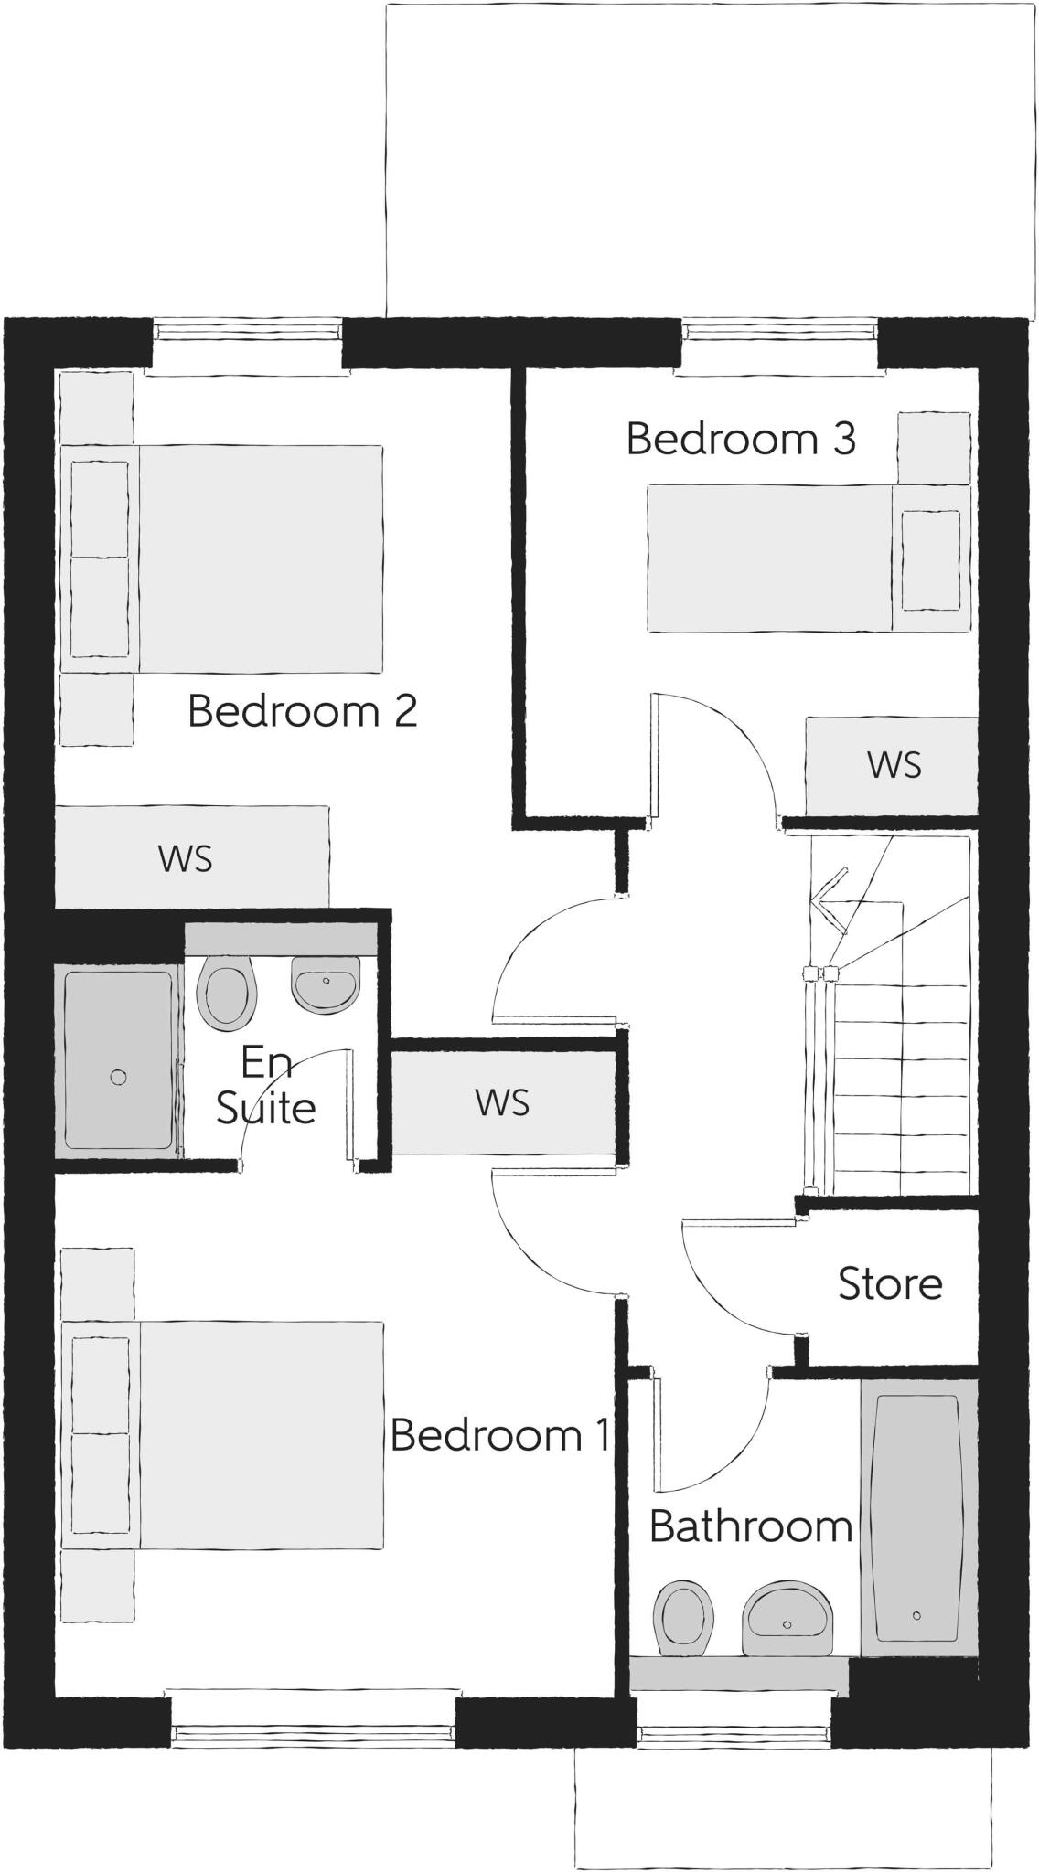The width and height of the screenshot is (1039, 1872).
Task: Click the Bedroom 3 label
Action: click(x=741, y=439)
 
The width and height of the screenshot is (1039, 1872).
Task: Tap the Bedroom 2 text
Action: click(x=303, y=711)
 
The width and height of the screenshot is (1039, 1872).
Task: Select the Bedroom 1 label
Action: click(x=499, y=1435)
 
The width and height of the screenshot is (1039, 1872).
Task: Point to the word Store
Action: click(x=890, y=1284)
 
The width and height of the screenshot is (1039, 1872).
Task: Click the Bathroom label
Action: click(x=751, y=1526)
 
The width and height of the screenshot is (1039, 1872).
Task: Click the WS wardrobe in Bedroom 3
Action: click(x=893, y=765)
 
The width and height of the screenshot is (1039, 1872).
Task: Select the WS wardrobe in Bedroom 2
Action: click(x=186, y=858)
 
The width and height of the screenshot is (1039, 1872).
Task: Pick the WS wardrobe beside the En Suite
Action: click(x=502, y=1103)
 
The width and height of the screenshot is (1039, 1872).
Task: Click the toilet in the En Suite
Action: click(x=225, y=993)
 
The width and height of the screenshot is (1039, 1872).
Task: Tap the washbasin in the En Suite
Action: click(x=325, y=984)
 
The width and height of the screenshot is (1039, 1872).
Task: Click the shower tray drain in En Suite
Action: click(x=118, y=1077)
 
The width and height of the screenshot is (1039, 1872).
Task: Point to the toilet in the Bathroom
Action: click(x=683, y=1618)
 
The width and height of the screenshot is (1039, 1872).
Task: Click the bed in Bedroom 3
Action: click(x=805, y=558)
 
